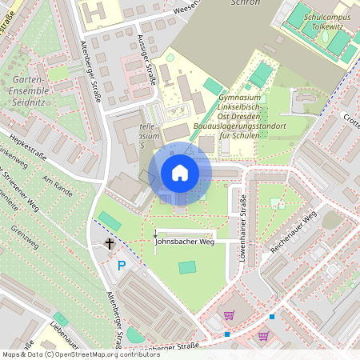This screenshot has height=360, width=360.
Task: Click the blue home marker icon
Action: coord(179,173)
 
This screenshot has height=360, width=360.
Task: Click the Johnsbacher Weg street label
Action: coord(185,240)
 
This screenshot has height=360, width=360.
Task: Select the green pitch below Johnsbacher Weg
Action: coord(187,267)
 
